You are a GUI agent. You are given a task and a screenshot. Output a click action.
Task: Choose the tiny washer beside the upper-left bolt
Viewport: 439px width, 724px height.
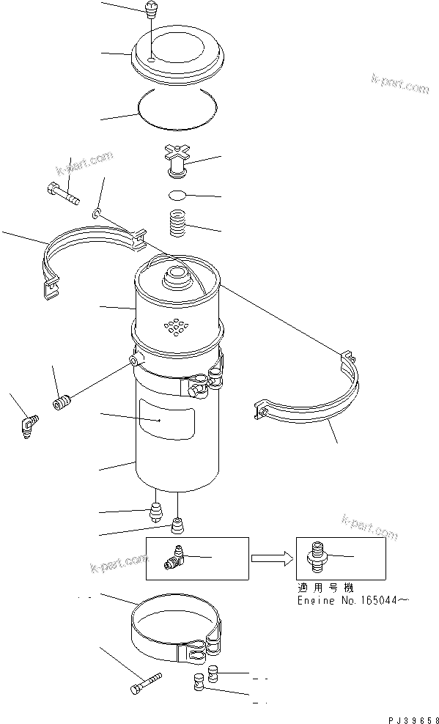(x=97, y=213)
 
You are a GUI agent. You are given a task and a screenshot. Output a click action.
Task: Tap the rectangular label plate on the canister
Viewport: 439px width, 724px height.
(x=168, y=421)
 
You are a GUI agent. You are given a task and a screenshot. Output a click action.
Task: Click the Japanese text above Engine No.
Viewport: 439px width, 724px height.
(x=323, y=588)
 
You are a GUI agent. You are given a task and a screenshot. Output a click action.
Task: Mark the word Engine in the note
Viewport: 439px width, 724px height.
(x=314, y=600)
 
